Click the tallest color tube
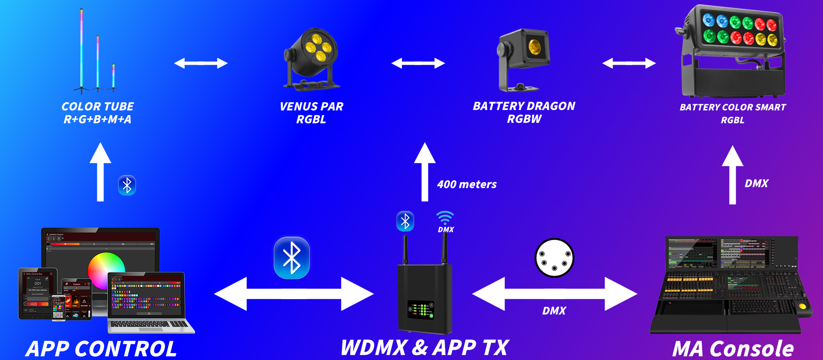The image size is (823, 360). [81, 49]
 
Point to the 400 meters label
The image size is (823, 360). [466, 184]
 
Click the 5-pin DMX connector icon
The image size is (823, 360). [554, 258]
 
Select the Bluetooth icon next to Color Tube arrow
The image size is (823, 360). [127, 186]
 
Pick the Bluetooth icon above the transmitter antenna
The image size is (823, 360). [405, 222]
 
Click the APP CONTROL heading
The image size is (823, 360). [101, 348]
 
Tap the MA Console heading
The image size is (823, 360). [733, 348]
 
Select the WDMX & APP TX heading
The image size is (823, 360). [424, 347]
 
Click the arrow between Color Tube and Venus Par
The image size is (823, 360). [201, 63]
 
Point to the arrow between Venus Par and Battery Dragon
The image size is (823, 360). [418, 63]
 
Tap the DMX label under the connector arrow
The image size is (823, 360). [554, 311]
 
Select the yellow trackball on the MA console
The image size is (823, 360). [802, 306]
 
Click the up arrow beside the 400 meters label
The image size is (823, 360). [425, 171]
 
